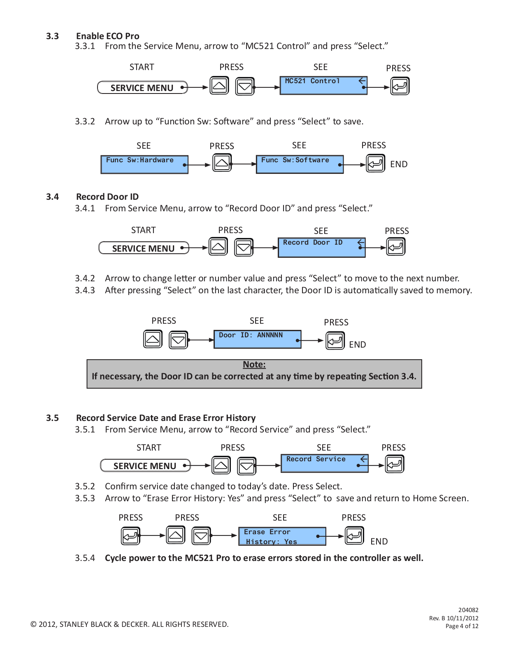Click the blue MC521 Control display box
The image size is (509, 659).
(323, 86)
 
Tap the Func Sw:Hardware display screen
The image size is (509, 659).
(144, 165)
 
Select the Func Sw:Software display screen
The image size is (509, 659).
(300, 164)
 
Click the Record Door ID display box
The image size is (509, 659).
(322, 248)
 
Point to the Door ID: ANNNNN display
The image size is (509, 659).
(258, 339)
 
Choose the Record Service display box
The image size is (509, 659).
(325, 463)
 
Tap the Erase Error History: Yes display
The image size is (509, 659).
(282, 536)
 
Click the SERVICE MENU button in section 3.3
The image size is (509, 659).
(142, 87)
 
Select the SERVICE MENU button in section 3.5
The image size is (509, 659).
(145, 465)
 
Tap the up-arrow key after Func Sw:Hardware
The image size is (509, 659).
(222, 163)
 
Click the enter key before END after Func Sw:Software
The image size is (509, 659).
(376, 163)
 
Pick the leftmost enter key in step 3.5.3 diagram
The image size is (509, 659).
(130, 536)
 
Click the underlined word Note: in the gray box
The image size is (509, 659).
(254, 364)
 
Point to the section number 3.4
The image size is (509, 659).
(52, 197)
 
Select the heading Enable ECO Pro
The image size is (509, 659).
(107, 36)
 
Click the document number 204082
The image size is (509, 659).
(468, 610)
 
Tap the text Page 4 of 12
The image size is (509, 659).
(462, 626)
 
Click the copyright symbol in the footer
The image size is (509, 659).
(33, 624)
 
